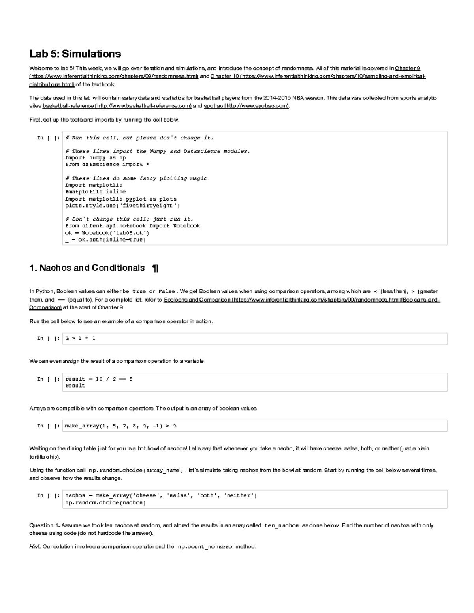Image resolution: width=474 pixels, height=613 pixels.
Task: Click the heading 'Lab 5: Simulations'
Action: (75, 54)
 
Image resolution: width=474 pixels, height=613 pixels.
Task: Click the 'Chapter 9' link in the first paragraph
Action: (407, 69)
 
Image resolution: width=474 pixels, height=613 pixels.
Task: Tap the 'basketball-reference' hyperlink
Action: (68, 106)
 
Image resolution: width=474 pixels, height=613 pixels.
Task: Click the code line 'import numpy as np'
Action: (95, 158)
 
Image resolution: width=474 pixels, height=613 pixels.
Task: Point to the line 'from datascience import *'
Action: (107, 165)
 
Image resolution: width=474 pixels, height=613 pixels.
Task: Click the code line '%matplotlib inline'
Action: (95, 192)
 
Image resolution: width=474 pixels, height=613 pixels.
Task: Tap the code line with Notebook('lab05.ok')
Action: (107, 233)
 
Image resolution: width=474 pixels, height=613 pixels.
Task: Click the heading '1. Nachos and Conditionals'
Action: (87, 268)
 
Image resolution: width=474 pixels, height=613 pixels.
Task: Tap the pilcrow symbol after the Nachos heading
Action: (155, 268)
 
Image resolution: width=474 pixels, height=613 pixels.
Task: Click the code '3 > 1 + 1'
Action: (80, 338)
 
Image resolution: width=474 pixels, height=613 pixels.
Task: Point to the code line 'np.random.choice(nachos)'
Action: (105, 502)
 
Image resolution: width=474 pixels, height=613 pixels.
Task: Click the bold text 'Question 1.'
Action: (45, 525)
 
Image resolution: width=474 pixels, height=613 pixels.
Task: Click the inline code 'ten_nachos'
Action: (281, 525)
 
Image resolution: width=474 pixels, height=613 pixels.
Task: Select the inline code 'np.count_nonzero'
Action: (205, 547)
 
